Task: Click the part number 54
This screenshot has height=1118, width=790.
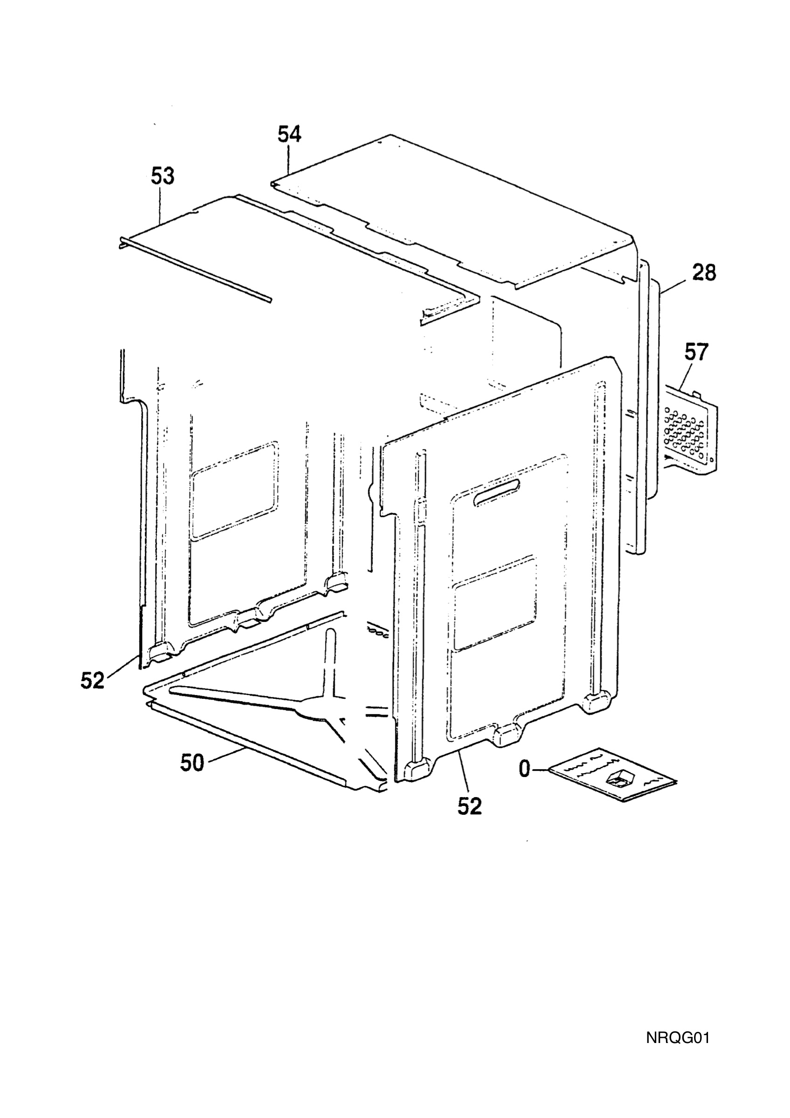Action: (290, 135)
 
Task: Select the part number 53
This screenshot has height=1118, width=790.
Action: (162, 176)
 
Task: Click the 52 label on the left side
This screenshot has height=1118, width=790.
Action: (93, 680)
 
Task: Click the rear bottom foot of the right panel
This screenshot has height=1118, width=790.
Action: (598, 702)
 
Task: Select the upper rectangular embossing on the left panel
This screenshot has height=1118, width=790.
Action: (236, 490)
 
